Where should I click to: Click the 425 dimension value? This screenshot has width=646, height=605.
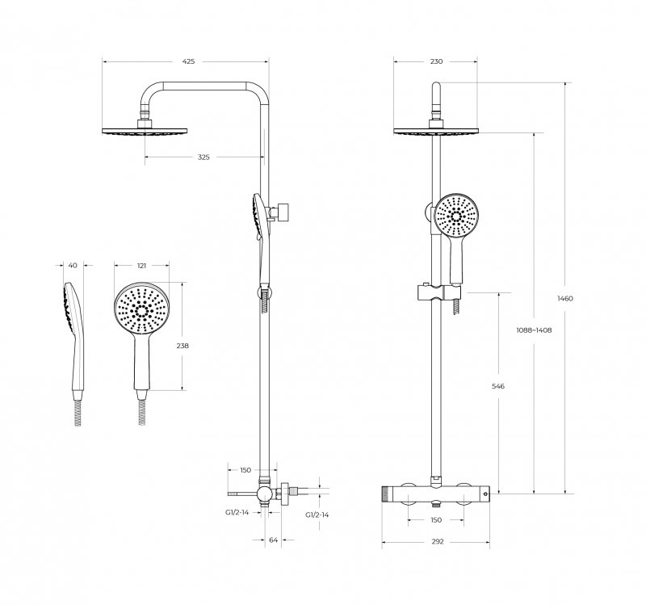click(x=188, y=61)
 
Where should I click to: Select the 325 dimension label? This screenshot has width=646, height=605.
click(x=203, y=157)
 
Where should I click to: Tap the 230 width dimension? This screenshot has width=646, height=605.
click(x=436, y=61)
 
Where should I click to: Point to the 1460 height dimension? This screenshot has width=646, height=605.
click(x=564, y=298)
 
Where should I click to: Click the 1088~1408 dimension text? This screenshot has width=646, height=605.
click(x=534, y=330)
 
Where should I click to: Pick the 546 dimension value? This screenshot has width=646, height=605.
click(x=498, y=386)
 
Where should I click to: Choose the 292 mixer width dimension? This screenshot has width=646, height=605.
click(x=438, y=541)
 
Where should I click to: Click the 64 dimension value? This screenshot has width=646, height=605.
click(x=274, y=540)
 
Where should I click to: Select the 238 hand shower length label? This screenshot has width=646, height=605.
click(x=182, y=346)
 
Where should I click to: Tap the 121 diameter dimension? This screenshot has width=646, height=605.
click(x=141, y=266)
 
